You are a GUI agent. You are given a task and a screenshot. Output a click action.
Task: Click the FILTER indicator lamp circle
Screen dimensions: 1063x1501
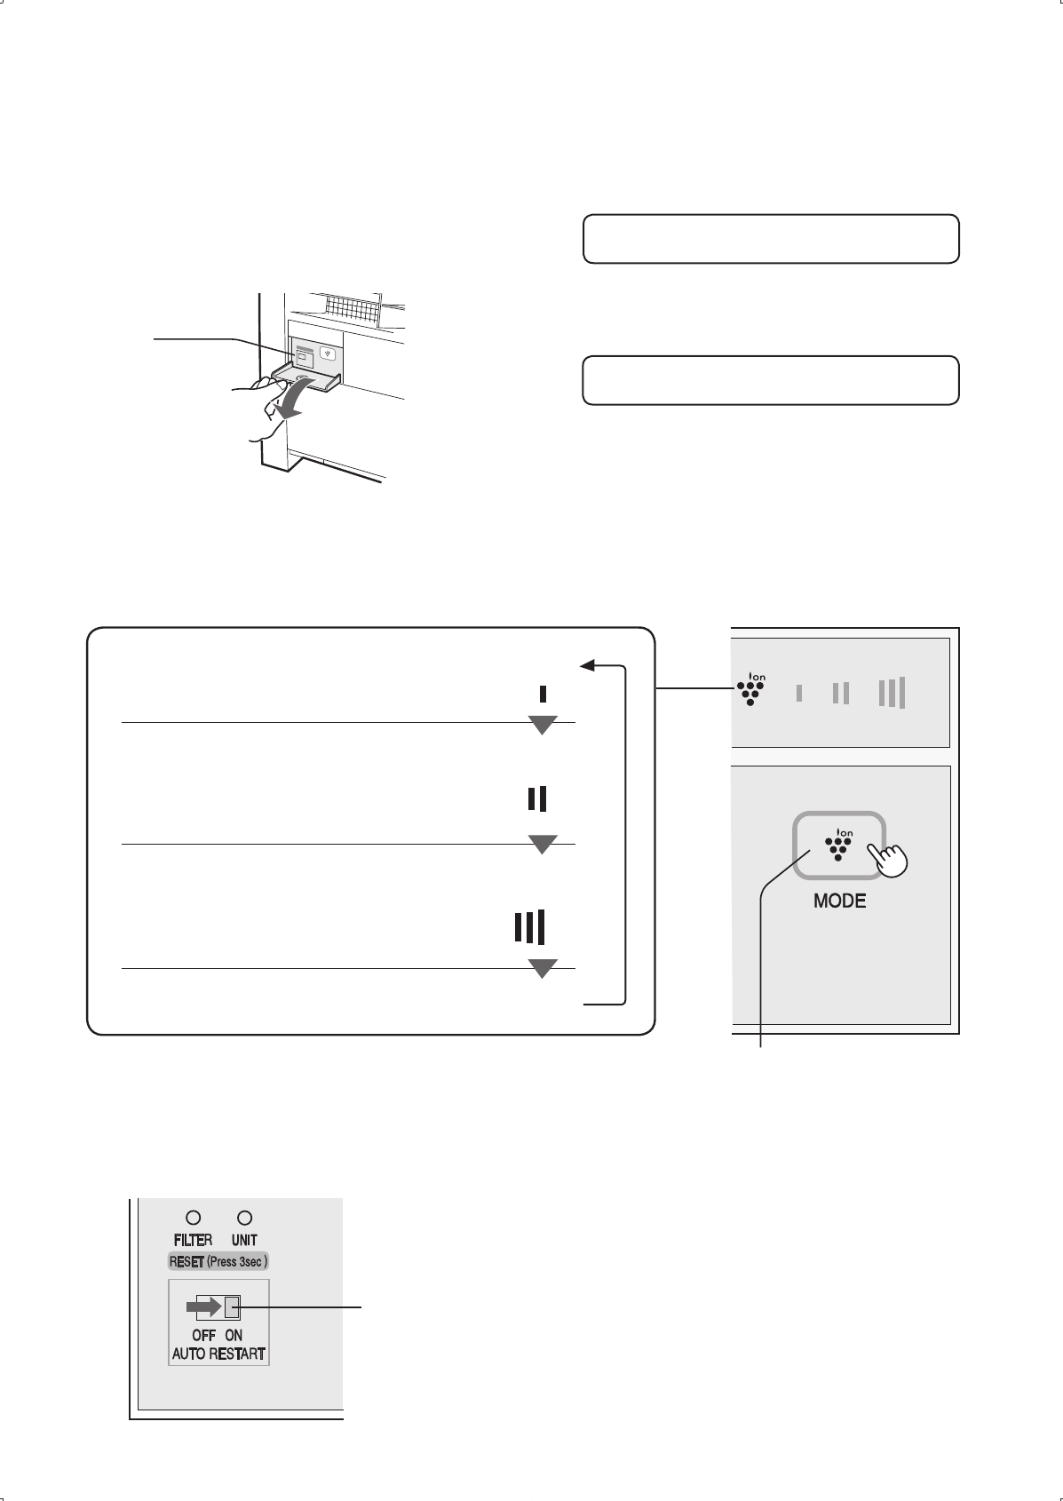[193, 1218]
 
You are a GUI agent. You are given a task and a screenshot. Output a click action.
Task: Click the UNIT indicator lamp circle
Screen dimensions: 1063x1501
[244, 1218]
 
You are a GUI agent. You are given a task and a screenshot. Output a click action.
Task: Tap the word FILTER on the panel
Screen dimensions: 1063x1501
[193, 1240]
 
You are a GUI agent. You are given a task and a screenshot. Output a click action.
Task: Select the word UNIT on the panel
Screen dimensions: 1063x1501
[244, 1240]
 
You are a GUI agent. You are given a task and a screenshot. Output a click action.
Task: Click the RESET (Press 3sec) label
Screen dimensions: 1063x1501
[218, 1261]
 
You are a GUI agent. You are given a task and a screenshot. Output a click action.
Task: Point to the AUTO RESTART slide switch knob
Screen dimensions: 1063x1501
[232, 1306]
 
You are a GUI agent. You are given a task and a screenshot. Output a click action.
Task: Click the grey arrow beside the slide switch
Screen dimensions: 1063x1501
[203, 1306]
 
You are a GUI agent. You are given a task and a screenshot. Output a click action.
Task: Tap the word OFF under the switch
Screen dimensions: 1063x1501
[203, 1335]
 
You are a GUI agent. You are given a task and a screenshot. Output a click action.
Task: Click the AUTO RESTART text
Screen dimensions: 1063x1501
[218, 1354]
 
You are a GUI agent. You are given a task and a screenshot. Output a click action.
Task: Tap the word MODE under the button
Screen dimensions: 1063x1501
[840, 901]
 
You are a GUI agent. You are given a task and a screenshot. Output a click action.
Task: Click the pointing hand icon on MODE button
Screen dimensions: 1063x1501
[887, 858]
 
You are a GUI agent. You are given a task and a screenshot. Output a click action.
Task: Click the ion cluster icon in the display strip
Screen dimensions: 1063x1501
[751, 689]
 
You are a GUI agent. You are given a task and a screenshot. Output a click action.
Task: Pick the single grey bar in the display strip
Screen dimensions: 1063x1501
[799, 693]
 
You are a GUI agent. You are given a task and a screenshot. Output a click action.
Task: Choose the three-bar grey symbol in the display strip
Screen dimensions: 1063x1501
[892, 692]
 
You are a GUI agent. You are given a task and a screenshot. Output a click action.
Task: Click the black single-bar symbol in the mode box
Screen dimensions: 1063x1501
[543, 694]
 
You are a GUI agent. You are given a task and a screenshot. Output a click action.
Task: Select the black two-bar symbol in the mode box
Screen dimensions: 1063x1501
[537, 798]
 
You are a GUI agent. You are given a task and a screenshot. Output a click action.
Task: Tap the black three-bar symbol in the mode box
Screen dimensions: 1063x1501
[530, 926]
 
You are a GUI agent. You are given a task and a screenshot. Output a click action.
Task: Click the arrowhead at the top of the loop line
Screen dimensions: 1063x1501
[587, 665]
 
